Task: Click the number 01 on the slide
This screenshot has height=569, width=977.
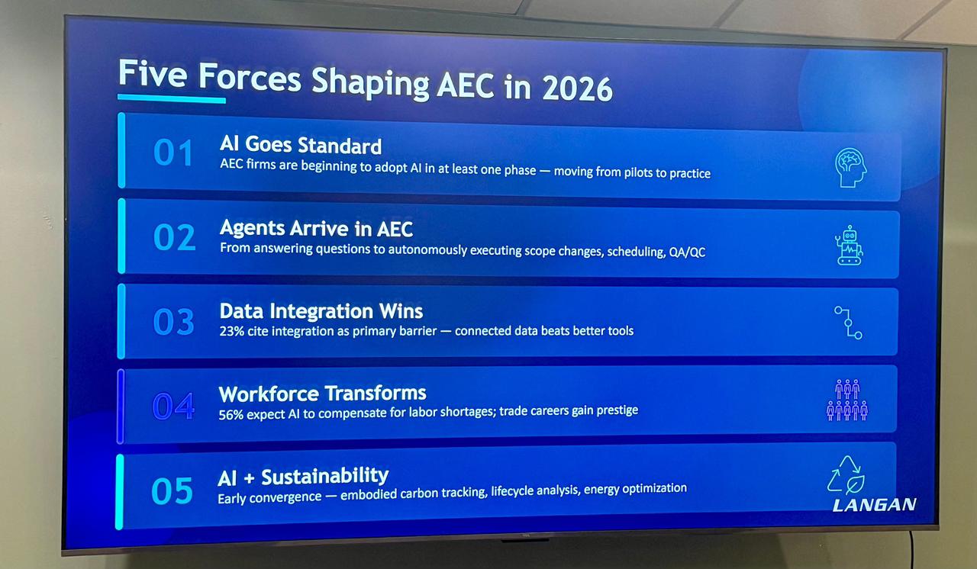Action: pos(173,153)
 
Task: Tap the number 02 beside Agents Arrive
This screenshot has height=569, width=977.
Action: pos(174,237)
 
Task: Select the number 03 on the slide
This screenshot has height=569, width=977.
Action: pos(173,322)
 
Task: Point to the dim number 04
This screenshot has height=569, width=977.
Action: pos(173,406)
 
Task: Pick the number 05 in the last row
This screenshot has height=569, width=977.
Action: pos(172,490)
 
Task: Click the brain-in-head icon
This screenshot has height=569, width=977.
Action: pos(850,168)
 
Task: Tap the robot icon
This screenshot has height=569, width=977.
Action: pos(850,246)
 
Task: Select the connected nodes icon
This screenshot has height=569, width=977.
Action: pos(848,323)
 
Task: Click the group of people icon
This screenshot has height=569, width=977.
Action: pos(847,400)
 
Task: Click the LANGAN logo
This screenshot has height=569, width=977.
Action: pos(874,504)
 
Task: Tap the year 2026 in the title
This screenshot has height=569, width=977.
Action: pos(578,89)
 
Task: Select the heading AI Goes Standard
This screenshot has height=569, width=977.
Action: pos(301,145)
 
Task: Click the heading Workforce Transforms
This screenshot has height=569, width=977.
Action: pos(322,394)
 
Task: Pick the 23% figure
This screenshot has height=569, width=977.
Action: pos(231,332)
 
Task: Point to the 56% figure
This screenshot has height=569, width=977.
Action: pos(231,415)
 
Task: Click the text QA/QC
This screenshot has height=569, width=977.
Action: pos(686,252)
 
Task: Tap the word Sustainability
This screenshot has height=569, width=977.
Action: pos(325,476)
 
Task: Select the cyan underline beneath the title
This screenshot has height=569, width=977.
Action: pos(172,98)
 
